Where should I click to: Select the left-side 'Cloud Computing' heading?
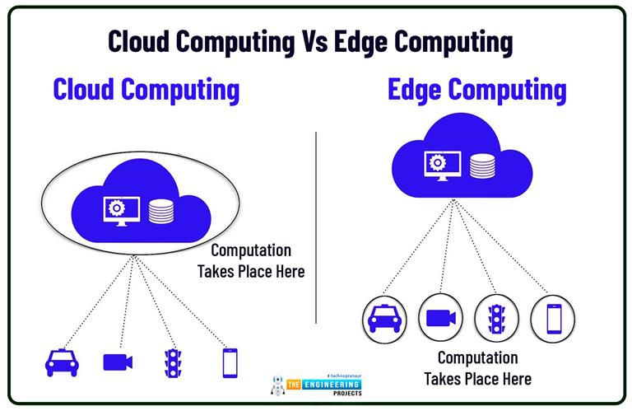[x=146, y=89]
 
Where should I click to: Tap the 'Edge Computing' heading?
[x=477, y=90]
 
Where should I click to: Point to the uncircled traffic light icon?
[x=172, y=362]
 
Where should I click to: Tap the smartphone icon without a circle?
[x=230, y=362]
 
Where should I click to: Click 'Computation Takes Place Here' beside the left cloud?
[x=251, y=260]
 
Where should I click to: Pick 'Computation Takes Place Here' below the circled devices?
[x=477, y=368]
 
